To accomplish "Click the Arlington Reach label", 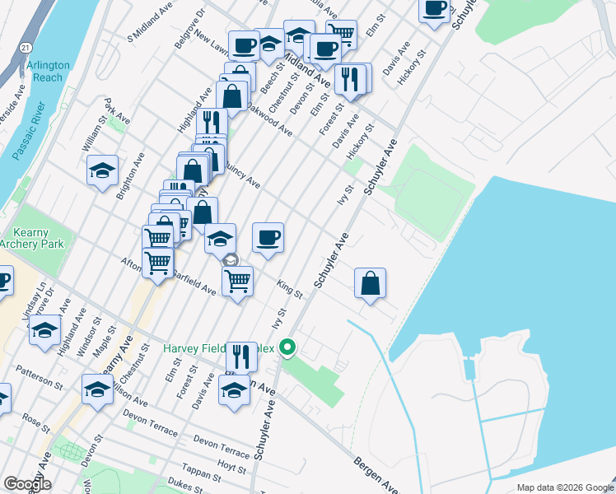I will coord(49,71).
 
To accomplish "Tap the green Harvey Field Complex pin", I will coord(287,347).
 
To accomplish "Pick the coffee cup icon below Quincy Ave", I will coord(268,239).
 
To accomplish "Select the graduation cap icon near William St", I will coord(102,170).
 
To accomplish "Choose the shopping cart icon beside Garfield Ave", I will coord(238,281).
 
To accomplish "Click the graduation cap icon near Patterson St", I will coord(97,389).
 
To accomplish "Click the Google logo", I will coord(28,484).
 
